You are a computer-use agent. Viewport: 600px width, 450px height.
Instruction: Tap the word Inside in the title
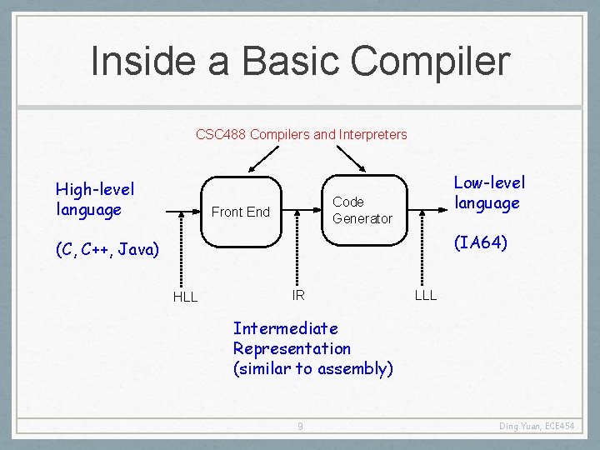[x=139, y=61]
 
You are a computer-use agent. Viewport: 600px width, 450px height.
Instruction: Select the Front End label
[x=241, y=212]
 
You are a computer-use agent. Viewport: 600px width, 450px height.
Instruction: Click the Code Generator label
[x=362, y=210]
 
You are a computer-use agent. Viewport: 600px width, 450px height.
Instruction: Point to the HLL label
[x=185, y=297]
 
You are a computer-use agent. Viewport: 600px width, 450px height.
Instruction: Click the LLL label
[x=425, y=295]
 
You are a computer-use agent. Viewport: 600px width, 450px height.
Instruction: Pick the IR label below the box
[x=298, y=295]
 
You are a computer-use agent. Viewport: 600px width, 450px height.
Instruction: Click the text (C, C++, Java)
[x=107, y=249]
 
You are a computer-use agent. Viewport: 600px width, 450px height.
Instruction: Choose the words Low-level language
[x=489, y=192]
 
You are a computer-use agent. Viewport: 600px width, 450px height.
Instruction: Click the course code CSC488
[x=220, y=134]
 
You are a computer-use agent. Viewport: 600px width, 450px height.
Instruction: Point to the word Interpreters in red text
[x=372, y=134]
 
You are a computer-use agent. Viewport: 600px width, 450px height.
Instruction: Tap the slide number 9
[x=300, y=427]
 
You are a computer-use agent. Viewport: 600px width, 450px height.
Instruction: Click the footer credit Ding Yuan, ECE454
[x=537, y=427]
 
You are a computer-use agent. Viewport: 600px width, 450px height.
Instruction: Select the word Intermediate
[x=285, y=328]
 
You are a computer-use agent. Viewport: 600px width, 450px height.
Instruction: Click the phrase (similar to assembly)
[x=312, y=368]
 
